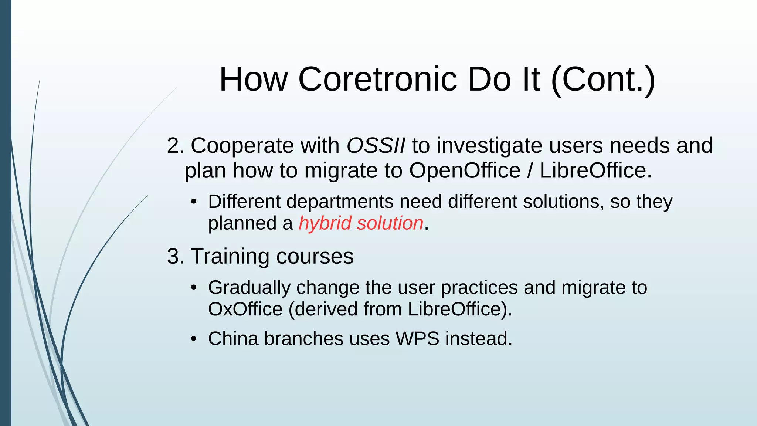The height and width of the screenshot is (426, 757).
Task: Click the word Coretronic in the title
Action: click(378, 79)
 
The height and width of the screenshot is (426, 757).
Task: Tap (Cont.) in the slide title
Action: click(603, 79)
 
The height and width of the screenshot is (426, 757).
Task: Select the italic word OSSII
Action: click(376, 145)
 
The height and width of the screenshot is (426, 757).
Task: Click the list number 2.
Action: click(174, 145)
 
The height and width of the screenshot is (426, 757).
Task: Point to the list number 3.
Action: click(174, 256)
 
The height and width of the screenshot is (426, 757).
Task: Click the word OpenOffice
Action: click(465, 170)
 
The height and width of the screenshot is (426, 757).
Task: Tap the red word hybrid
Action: click(325, 223)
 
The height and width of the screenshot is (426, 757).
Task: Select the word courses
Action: click(315, 256)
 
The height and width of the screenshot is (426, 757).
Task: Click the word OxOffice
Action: click(245, 309)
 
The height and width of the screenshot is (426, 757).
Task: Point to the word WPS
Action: click(417, 338)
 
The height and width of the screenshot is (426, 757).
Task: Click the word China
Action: click(233, 338)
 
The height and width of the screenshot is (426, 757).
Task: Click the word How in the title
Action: click(253, 79)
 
